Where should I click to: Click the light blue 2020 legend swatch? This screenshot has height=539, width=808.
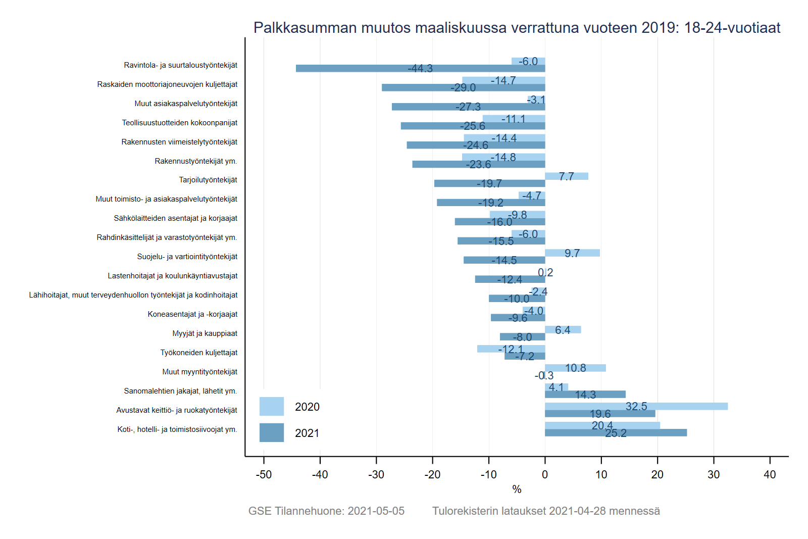click(x=271, y=406)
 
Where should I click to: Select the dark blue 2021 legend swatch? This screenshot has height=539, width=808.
click(x=271, y=433)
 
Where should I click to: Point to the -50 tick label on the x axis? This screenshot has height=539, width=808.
click(x=264, y=474)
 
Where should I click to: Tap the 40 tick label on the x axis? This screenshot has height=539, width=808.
click(x=770, y=474)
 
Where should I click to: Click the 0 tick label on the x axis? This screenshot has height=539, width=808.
click(x=545, y=474)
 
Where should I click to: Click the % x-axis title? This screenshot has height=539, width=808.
click(x=517, y=489)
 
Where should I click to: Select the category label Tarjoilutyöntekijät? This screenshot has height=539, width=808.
click(x=208, y=180)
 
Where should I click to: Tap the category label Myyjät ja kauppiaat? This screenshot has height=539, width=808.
click(x=205, y=333)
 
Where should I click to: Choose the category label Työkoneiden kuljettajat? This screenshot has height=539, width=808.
click(x=198, y=353)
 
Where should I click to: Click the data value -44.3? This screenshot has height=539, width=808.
click(x=420, y=69)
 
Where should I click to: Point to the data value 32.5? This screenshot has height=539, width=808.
click(x=636, y=406)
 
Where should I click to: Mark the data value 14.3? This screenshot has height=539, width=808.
click(x=585, y=395)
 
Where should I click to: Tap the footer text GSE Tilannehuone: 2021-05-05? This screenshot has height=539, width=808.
click(x=326, y=511)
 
